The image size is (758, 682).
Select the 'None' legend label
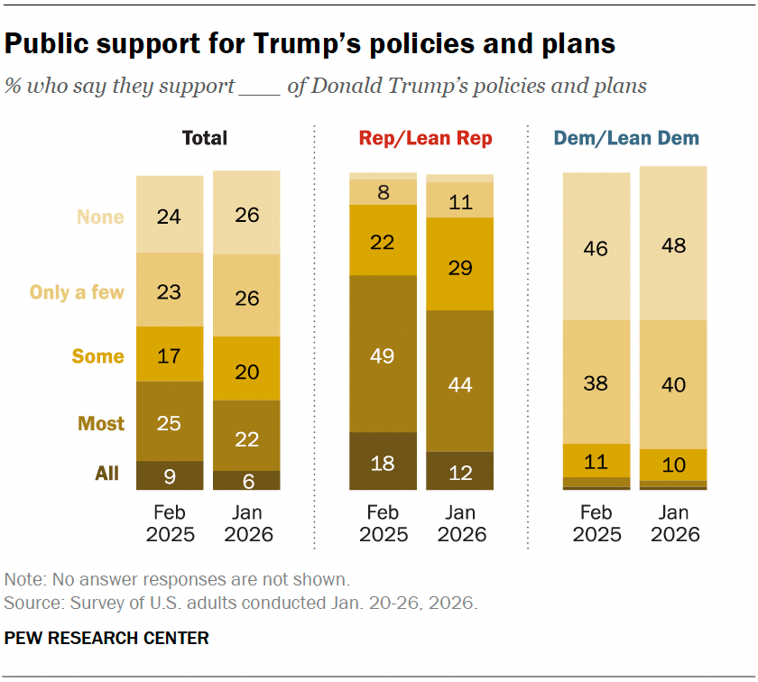pos(100,217)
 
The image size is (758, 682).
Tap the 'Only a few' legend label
pos(77,291)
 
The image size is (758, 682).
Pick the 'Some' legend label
pos(98,356)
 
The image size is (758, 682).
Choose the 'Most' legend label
pos(101,423)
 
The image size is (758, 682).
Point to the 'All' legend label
pos(106,473)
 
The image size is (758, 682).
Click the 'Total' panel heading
pos(205,138)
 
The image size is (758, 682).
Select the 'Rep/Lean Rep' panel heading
pos(426,138)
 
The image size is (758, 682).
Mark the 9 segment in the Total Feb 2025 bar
pos(170,475)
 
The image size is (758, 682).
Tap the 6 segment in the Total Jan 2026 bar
pos(246,480)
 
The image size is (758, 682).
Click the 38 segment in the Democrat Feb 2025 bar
pos(596,382)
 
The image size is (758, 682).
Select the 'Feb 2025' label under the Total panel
pos(170,523)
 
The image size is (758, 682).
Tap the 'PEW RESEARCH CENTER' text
pos(106,638)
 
